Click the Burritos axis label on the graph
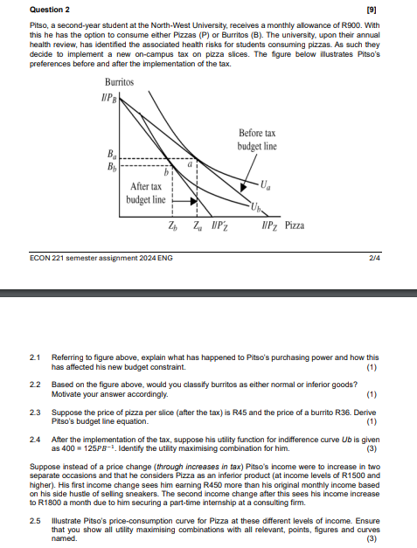(118, 82)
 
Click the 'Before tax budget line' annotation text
(257, 140)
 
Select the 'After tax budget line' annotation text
(146, 193)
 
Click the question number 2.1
(35, 357)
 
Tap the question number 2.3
(35, 411)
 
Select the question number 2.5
(35, 521)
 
